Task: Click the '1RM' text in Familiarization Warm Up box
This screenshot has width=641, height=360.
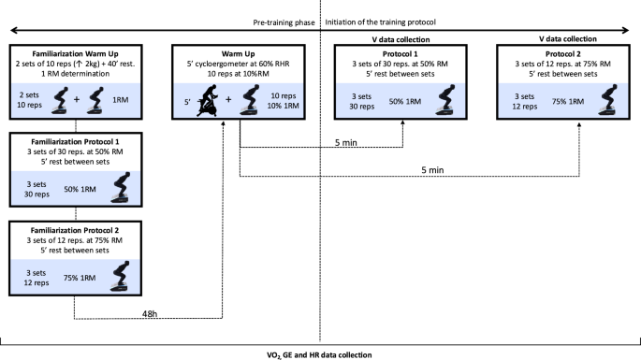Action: (108, 100)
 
